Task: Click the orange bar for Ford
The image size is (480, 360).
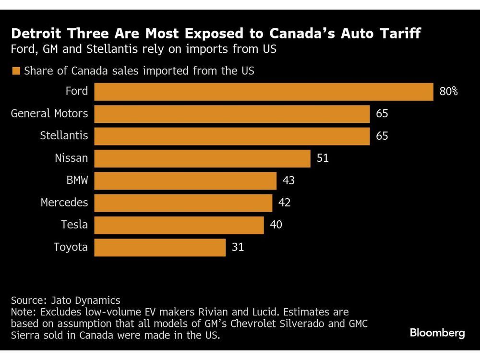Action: tap(264, 91)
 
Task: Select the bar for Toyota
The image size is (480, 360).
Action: tap(160, 247)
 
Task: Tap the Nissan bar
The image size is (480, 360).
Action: tap(202, 158)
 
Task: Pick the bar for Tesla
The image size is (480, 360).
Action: tap(179, 225)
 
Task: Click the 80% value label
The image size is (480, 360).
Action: tap(448, 91)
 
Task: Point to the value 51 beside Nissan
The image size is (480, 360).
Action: tap(323, 158)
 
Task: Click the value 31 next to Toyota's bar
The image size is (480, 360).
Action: tap(238, 247)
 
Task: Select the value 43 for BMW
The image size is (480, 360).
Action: tap(288, 180)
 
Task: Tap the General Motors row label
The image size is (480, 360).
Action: tap(49, 114)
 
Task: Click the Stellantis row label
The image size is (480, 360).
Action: tap(64, 136)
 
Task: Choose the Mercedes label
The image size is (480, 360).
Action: tap(64, 203)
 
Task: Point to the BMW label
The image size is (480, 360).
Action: tap(77, 180)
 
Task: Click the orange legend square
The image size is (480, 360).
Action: tap(16, 71)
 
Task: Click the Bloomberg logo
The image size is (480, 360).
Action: tap(437, 333)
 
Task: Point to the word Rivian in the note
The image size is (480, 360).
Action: tap(245, 312)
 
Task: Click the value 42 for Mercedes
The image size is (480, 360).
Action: tap(284, 203)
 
